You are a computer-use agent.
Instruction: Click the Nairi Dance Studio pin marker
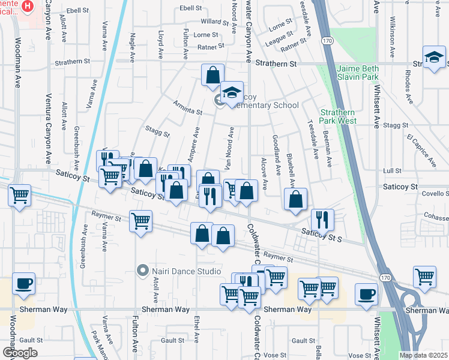(142, 271)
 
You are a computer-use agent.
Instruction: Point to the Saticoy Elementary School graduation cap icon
(232, 92)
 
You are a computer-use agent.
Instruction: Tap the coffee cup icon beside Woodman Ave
(23, 283)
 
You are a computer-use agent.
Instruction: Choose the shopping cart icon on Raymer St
(140, 220)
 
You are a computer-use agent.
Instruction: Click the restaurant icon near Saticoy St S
(322, 220)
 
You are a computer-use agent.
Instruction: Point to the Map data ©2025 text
(424, 355)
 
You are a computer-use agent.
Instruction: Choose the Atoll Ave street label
(155, 288)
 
